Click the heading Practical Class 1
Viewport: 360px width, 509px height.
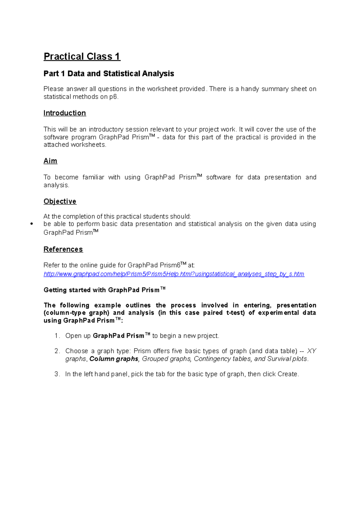point(82,56)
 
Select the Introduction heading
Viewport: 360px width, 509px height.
point(64,113)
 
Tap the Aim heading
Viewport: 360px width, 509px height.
point(50,161)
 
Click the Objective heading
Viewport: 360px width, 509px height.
point(60,201)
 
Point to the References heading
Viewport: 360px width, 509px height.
point(63,249)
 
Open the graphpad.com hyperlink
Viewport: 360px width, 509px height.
point(174,274)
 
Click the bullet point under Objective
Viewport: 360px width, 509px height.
point(31,224)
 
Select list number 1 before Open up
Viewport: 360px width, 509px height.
point(57,336)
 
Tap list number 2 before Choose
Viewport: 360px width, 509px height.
point(57,351)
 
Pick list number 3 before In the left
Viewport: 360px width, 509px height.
point(57,374)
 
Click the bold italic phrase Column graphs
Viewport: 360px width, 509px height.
point(114,359)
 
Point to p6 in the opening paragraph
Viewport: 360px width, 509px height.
point(114,97)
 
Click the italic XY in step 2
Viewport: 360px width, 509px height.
point(311,351)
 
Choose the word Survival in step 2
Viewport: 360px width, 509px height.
point(279,359)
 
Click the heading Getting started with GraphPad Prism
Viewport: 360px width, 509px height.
point(104,290)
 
